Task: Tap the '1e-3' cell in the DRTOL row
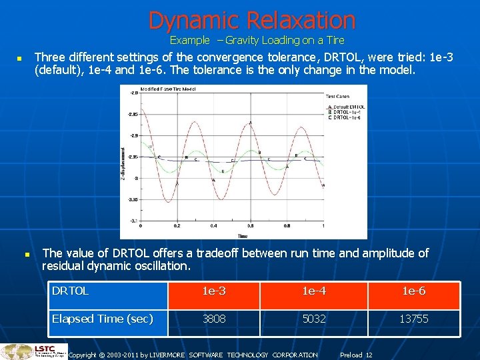coord(214,291)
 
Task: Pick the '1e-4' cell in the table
coord(314,291)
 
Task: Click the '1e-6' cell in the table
coord(413,291)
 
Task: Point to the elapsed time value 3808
coord(214,319)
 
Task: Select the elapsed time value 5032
coord(314,319)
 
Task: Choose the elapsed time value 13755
coord(413,319)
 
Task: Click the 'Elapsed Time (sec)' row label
coord(103,319)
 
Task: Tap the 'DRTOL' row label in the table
coord(70,291)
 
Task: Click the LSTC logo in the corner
coord(33,351)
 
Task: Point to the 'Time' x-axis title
coord(243,235)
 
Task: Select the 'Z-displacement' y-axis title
coord(124,163)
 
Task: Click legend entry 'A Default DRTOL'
coord(346,107)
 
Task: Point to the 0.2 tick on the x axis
coord(176,227)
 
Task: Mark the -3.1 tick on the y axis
coord(133,221)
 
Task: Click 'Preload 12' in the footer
coord(356,355)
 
